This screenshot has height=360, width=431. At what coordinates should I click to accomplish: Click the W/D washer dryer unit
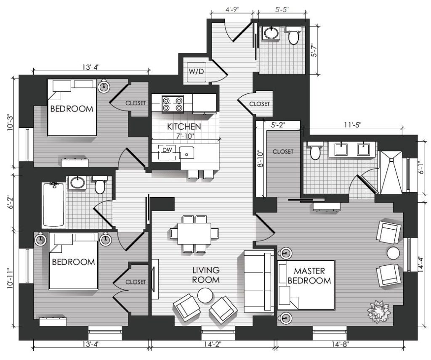point(196,71)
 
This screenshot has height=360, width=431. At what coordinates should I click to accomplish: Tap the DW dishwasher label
point(167,150)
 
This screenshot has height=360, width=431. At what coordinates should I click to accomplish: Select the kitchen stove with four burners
point(173,104)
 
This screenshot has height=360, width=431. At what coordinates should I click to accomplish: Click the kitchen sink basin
point(186,152)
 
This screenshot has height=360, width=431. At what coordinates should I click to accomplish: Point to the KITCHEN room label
point(184,127)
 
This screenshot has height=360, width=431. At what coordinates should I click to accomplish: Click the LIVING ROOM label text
point(206,275)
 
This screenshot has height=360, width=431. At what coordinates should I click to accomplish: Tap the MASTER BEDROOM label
point(309,276)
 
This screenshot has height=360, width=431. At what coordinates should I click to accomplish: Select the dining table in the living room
point(194,233)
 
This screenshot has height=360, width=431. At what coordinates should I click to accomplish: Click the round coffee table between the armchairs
point(205,296)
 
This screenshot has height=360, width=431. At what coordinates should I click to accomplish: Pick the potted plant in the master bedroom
point(379,311)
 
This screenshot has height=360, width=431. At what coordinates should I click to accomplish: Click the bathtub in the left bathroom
point(53,205)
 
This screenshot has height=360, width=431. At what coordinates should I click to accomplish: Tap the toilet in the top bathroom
point(293,35)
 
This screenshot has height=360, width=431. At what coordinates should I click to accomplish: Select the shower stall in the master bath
point(391,172)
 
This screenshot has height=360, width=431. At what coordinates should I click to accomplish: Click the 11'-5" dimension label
point(352,124)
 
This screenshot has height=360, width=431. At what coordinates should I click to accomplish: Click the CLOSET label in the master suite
point(283,151)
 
